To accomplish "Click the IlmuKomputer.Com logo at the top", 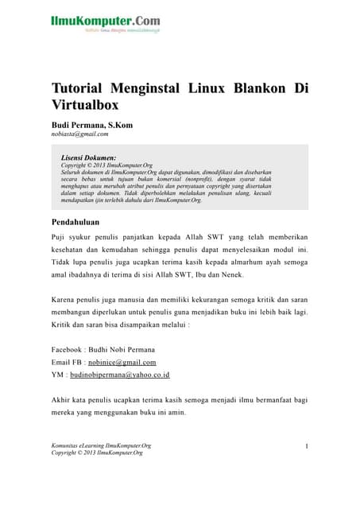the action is point(106,21).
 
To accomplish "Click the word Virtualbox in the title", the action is point(86,104).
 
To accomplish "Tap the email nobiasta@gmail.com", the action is point(79,134).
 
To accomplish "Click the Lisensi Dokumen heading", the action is point(88,158).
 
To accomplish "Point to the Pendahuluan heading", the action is point(80,222).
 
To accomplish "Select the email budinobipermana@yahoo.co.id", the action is point(122,374).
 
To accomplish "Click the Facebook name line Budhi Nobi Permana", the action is point(103,349).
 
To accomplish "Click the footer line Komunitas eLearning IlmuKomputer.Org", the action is point(101,445).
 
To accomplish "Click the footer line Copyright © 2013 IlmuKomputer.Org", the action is point(97,453).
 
